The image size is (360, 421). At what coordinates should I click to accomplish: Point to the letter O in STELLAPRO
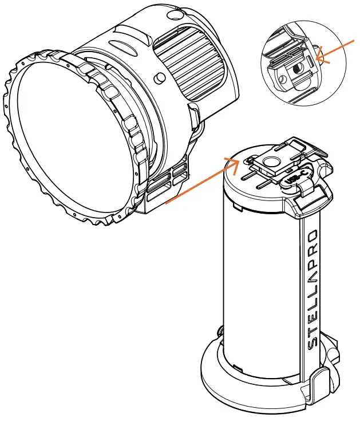click(312, 235)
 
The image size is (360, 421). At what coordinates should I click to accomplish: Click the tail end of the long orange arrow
click(166, 202)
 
